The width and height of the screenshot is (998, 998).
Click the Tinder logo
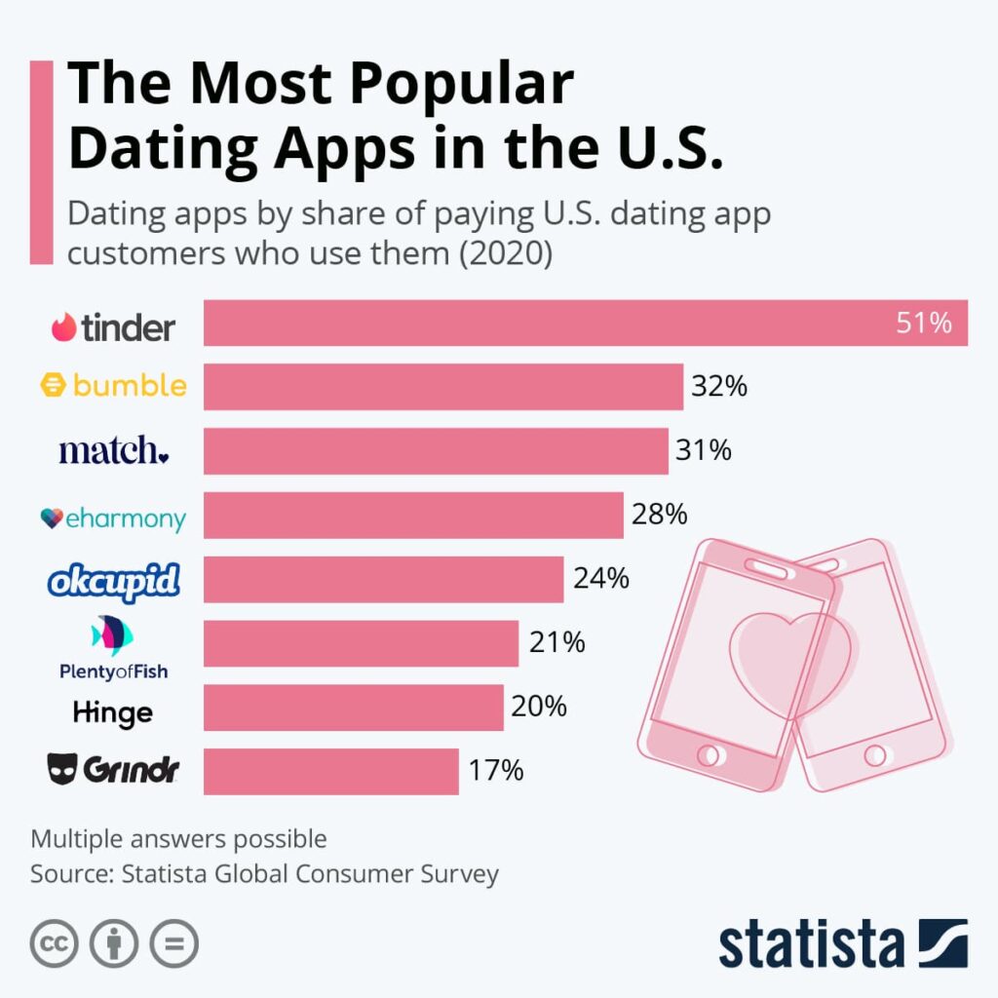click(x=113, y=326)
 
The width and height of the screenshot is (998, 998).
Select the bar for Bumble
click(x=443, y=387)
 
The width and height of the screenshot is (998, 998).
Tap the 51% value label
click(x=924, y=324)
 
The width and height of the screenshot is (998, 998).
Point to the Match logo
click(x=114, y=450)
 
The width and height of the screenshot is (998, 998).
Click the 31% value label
click(x=704, y=450)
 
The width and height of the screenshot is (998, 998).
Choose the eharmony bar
click(x=413, y=515)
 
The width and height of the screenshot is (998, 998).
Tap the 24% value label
click(x=600, y=578)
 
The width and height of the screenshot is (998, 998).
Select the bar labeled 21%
click(x=361, y=643)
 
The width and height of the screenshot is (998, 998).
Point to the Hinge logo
click(x=113, y=712)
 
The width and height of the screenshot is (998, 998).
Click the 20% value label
click(x=539, y=707)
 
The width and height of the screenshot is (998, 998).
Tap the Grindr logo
click(x=113, y=771)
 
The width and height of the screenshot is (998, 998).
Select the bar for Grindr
click(x=331, y=771)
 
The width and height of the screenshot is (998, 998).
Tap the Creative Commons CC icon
click(x=54, y=943)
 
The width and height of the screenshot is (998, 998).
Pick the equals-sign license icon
click(x=174, y=943)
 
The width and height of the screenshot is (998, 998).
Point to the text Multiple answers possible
click(x=178, y=838)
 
